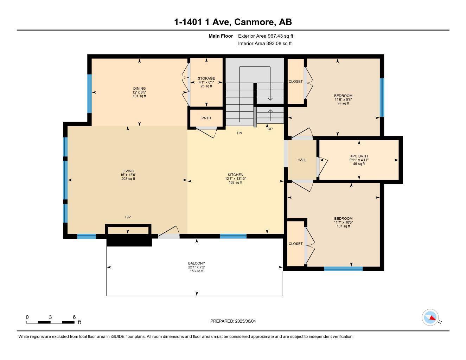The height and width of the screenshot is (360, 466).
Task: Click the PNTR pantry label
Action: click(206, 118)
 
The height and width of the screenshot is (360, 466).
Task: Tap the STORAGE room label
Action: click(206, 79)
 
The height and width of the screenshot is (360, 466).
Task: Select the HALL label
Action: click(302, 160)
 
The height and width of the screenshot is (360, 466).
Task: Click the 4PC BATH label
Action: click(359, 156)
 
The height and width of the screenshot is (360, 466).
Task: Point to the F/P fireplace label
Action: click(128, 217)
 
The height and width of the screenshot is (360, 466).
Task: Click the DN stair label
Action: click(240, 133)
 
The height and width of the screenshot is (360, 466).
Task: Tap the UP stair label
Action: click(270, 129)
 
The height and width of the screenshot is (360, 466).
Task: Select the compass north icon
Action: click(430, 318)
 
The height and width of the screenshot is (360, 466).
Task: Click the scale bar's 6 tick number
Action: click(74, 317)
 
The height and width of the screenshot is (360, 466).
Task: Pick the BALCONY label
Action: click(196, 263)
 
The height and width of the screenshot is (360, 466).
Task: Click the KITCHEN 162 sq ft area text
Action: click(235, 182)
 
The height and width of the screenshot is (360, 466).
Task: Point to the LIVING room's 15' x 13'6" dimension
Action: click(128, 175)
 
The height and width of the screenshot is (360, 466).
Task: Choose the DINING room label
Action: click(139, 89)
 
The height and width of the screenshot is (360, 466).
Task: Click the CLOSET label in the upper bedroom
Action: click(295, 82)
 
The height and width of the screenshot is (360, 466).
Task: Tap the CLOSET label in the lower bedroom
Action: click(295, 244)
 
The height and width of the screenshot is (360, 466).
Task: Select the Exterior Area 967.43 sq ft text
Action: click(266, 36)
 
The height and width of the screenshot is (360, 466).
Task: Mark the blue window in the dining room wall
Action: click(89, 93)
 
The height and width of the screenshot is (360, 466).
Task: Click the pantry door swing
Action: click(207, 131)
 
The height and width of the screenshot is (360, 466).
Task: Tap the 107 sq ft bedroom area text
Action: click(343, 226)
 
